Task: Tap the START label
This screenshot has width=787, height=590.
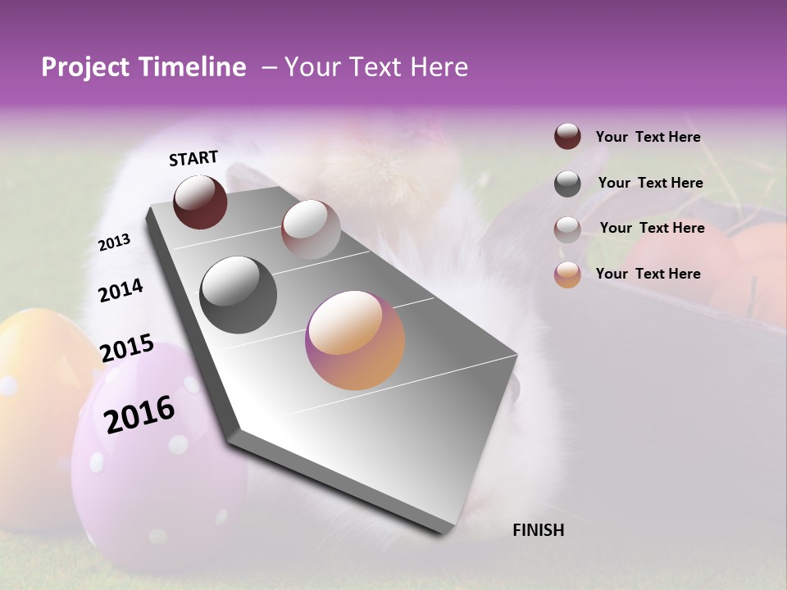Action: (x=193, y=158)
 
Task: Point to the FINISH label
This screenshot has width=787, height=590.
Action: (x=538, y=530)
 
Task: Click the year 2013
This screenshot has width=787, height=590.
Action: (x=114, y=242)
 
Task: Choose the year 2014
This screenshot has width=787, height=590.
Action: (x=121, y=291)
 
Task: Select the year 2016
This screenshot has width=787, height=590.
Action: (x=139, y=415)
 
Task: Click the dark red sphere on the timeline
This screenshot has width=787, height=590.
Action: (x=200, y=202)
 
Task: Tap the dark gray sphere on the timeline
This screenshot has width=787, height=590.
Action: (x=239, y=295)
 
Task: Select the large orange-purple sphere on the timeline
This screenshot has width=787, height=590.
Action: (x=355, y=340)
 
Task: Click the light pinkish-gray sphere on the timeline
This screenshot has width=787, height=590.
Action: (x=311, y=229)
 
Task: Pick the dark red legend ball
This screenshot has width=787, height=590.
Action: (x=567, y=136)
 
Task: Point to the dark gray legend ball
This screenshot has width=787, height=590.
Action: (x=567, y=184)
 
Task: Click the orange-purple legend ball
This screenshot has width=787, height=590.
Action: (x=567, y=275)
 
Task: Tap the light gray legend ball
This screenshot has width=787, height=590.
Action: (x=567, y=229)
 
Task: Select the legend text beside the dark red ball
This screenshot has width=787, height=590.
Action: (x=648, y=137)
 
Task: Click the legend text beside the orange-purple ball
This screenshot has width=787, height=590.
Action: (x=648, y=274)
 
